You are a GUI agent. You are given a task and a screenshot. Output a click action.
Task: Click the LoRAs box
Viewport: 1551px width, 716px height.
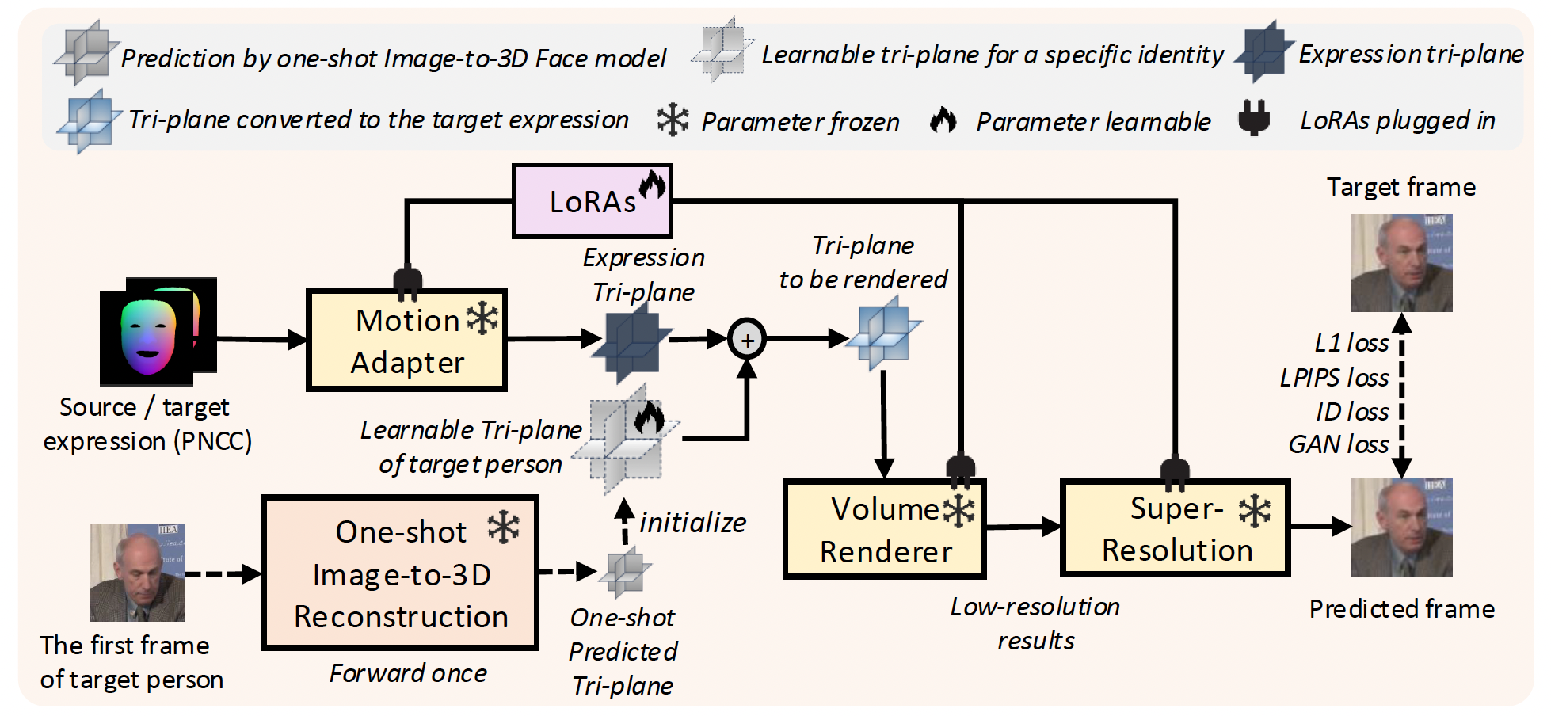592,201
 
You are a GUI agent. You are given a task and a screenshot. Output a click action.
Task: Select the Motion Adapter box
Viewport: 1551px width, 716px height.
406,340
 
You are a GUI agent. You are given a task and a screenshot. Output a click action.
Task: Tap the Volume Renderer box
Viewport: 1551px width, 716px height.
884,529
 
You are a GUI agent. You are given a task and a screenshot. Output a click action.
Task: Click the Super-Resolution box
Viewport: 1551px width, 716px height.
1176,527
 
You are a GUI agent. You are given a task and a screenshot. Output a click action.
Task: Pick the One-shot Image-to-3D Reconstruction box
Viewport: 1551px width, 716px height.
400,573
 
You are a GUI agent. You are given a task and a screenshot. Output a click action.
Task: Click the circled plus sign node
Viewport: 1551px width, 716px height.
747,339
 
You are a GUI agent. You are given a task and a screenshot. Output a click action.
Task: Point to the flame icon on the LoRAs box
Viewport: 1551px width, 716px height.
653,185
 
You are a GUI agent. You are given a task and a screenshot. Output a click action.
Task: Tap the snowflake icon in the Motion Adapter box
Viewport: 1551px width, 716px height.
482,318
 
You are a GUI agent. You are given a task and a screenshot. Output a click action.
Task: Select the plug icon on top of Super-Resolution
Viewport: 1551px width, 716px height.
1175,473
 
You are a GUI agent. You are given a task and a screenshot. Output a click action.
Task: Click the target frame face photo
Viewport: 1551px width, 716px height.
1401,263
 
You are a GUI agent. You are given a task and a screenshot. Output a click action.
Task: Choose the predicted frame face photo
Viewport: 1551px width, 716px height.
1401,527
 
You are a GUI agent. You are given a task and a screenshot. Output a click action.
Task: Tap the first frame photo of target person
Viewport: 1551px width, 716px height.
137,572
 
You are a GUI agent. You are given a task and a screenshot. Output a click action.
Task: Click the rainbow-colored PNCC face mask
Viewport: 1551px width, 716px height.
148,337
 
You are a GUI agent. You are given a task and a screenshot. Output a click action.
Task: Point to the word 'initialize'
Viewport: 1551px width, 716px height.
692,523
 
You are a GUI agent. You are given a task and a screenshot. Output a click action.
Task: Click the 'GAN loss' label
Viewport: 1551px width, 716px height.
1339,444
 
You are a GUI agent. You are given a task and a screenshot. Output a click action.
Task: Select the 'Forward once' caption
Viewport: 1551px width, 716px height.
408,673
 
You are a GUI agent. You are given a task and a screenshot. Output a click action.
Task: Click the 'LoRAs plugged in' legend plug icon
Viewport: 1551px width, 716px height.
1254,118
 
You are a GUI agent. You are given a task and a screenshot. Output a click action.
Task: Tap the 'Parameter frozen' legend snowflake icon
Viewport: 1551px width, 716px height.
673,120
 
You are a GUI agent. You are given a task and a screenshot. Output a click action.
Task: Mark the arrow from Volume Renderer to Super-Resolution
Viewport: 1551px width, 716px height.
1023,526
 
